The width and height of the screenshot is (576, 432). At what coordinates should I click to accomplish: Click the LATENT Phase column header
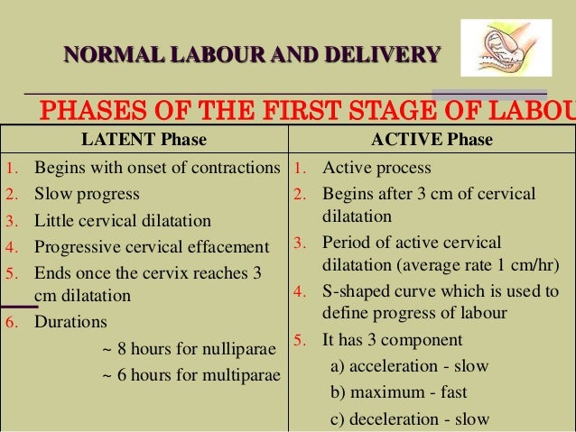click(x=144, y=140)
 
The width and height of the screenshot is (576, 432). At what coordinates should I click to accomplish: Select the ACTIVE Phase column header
click(x=432, y=140)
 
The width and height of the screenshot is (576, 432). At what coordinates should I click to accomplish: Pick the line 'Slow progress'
click(x=87, y=194)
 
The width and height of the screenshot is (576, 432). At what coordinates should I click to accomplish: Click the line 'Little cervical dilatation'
click(x=123, y=220)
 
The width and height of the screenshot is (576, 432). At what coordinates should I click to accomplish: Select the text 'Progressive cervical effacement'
click(x=152, y=246)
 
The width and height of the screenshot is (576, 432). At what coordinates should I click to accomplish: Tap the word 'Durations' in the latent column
click(x=70, y=321)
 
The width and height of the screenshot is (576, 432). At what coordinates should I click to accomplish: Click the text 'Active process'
click(x=376, y=168)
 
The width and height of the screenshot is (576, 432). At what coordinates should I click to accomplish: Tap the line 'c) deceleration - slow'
click(x=412, y=418)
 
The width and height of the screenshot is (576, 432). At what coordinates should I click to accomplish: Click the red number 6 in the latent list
click(x=10, y=322)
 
